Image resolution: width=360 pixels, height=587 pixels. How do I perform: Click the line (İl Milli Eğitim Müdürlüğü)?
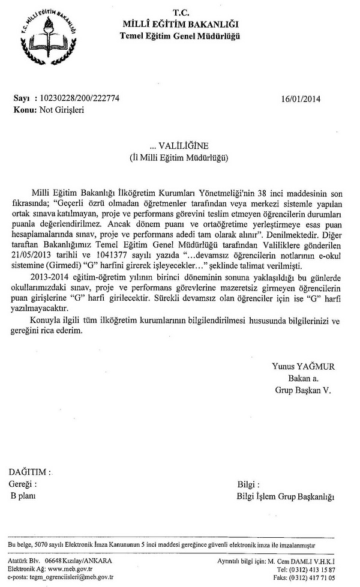[x=181, y=157]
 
